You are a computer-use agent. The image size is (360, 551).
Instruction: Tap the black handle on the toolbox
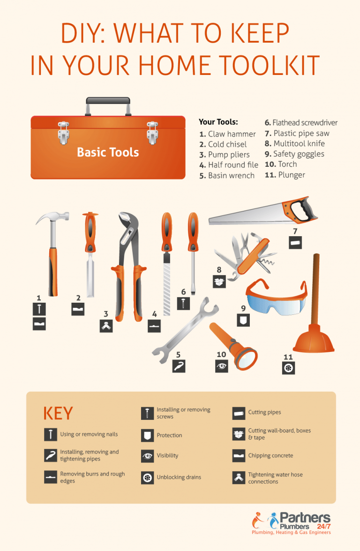(x=108, y=100)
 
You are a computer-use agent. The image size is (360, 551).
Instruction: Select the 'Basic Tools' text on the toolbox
(x=108, y=152)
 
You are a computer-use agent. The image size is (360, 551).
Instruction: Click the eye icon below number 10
(x=221, y=365)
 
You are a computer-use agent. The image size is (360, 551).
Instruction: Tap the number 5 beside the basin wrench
(x=178, y=355)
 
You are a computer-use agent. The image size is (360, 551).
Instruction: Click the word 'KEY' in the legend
(x=58, y=414)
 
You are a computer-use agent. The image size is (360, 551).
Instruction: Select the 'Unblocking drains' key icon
(x=147, y=477)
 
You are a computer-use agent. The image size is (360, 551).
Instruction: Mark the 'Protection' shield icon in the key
(x=147, y=435)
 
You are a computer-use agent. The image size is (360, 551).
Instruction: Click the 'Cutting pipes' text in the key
(x=264, y=412)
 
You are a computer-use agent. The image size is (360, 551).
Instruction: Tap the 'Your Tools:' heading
(x=218, y=122)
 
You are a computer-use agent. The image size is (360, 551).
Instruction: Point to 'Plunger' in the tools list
(x=291, y=175)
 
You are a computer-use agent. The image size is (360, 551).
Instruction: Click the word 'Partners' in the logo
(x=305, y=518)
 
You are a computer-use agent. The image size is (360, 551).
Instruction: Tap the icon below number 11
(x=288, y=368)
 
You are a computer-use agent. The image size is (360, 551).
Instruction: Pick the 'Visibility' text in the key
(x=167, y=455)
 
